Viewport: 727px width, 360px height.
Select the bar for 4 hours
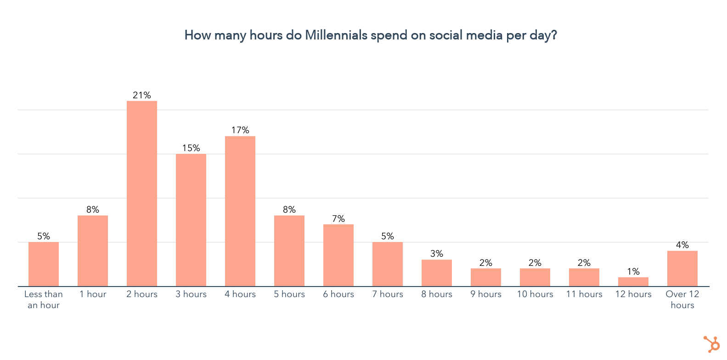pos(240,211)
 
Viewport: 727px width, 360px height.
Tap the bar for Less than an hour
pos(44,264)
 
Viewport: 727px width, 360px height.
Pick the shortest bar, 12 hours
pos(633,281)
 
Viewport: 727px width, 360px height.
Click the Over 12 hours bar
pos(682,269)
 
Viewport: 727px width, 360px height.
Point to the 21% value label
pos(141,95)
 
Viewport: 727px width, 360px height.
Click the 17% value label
pos(240,130)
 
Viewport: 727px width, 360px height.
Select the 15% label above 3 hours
pos(191,148)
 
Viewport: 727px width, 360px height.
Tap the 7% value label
pos(338,219)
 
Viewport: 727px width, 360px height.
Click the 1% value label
pos(633,271)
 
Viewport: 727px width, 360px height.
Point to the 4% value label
pos(682,245)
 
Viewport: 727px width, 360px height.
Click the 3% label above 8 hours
pos(436,253)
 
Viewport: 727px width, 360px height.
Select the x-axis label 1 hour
pos(93,294)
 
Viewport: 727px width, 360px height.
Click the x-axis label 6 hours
pos(338,294)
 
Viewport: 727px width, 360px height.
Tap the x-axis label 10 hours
pos(535,294)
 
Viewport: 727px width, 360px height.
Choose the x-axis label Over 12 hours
pos(682,299)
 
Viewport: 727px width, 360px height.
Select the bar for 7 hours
pos(387,264)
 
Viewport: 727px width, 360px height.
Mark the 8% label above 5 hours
pos(289,209)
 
